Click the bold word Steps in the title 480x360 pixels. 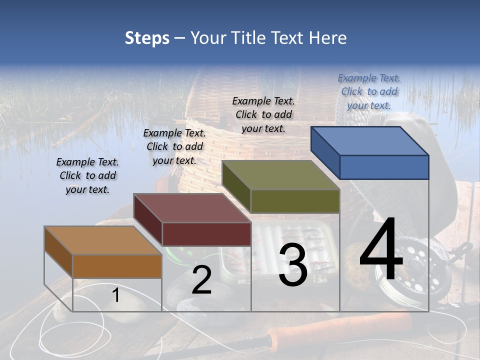click(x=147, y=38)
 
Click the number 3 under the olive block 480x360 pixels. click(x=293, y=265)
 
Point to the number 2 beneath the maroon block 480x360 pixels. click(x=201, y=280)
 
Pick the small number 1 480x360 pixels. click(x=116, y=295)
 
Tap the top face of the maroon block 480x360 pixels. click(x=192, y=208)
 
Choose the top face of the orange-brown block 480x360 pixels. click(x=103, y=240)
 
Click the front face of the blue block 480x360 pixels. click(x=384, y=167)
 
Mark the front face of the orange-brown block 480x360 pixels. click(x=117, y=266)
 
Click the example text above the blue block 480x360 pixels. click(x=369, y=91)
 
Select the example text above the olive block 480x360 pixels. click(x=263, y=114)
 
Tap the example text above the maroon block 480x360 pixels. click(x=174, y=146)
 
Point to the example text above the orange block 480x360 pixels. click(x=87, y=175)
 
